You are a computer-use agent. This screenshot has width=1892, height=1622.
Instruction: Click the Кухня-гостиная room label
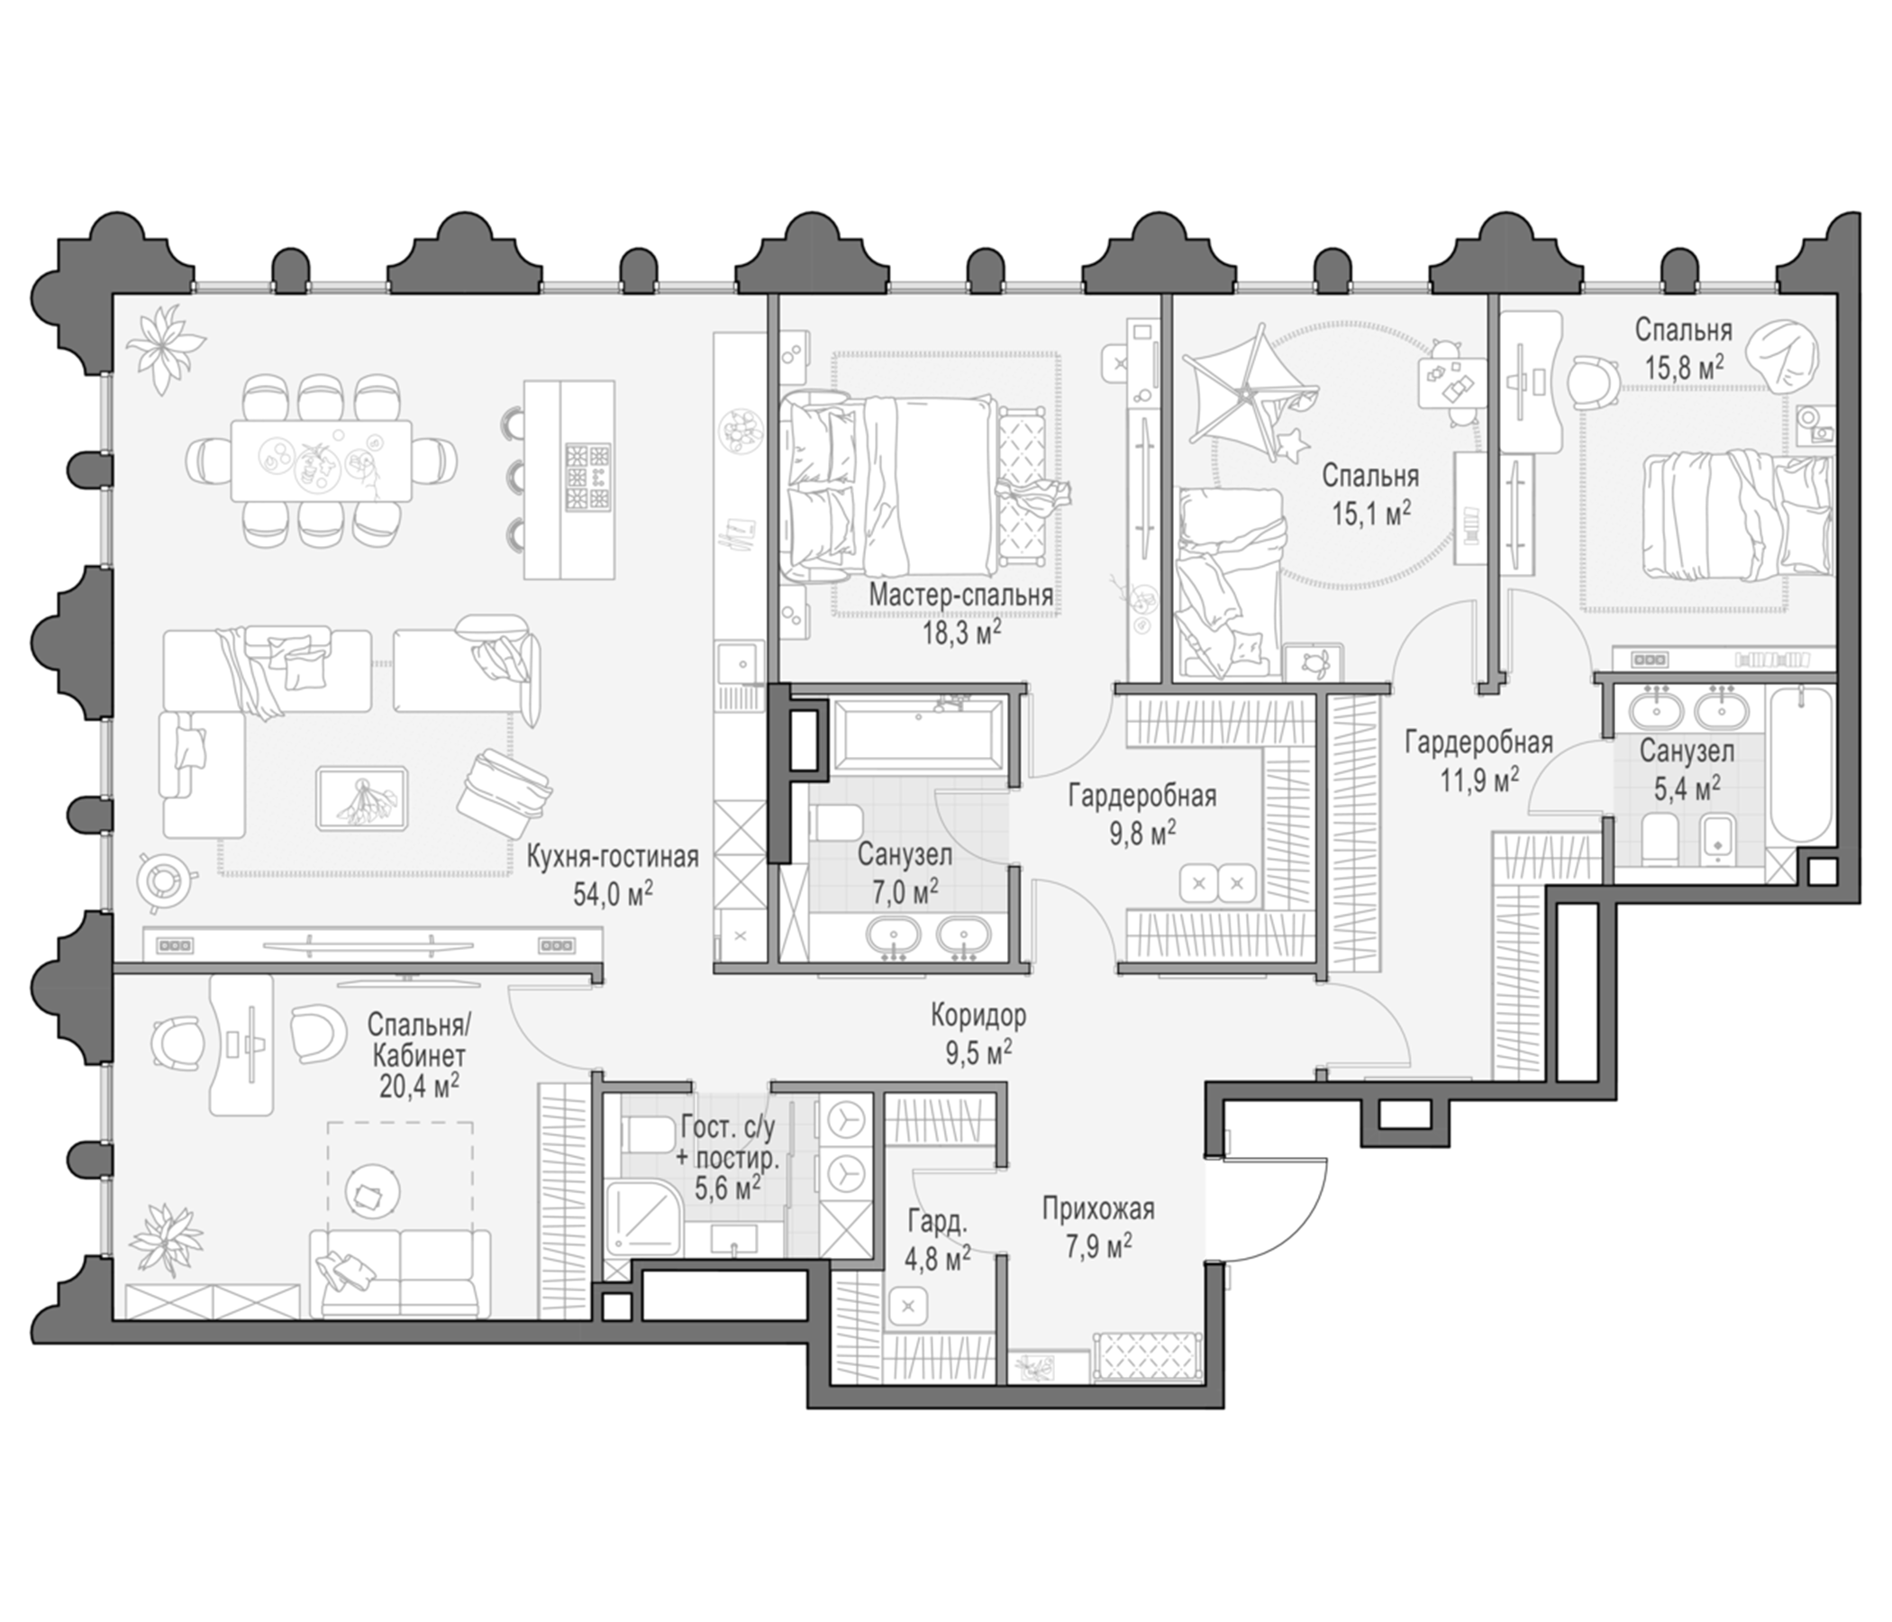pyautogui.click(x=613, y=858)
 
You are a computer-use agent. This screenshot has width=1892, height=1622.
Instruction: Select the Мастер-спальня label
pyautogui.click(x=960, y=596)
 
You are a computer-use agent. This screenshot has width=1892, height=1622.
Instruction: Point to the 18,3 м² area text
pyautogui.click(x=961, y=631)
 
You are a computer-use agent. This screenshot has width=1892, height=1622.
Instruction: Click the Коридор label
pyautogui.click(x=978, y=1015)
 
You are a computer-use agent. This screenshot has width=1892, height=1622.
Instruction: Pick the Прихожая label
pyautogui.click(x=1098, y=1209)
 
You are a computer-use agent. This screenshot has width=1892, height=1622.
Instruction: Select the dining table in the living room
pyautogui.click(x=322, y=460)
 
